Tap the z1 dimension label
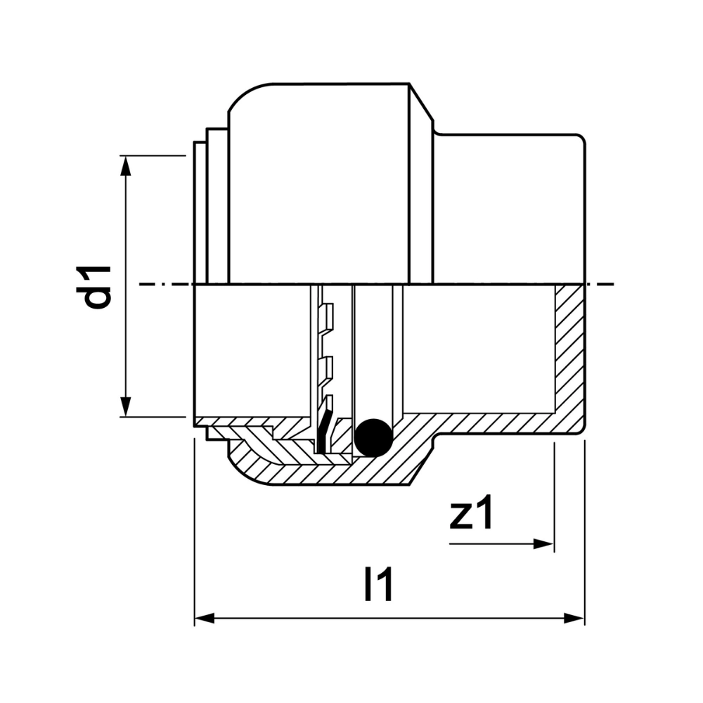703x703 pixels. tap(471, 512)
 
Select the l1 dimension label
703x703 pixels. tap(380, 583)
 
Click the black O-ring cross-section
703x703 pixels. tap(374, 437)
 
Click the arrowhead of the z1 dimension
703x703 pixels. tap(543, 544)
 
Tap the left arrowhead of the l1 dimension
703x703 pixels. tap(205, 618)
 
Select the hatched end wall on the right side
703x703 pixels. tap(570, 354)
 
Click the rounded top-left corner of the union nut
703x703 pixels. tap(247, 93)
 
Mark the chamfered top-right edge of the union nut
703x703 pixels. tap(421, 102)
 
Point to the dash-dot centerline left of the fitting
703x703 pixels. tap(166, 284)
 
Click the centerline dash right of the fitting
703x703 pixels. tap(600, 284)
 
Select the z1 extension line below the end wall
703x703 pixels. tap(555, 497)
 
